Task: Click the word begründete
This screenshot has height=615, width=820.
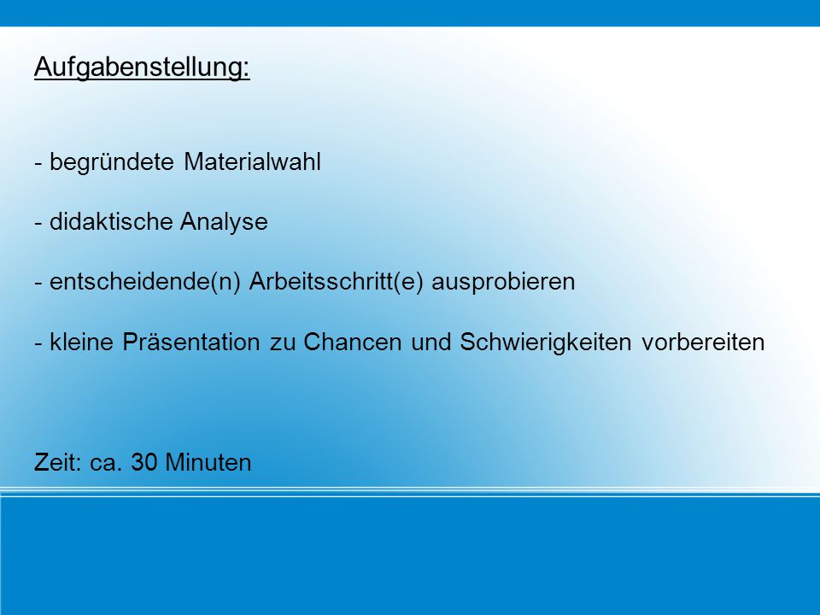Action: coord(111,162)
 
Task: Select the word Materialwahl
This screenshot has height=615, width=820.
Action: coord(252,161)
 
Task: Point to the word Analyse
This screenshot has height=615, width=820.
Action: coord(224,223)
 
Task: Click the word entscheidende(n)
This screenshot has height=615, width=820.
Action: coord(145,283)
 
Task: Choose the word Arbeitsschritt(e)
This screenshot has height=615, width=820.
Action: coord(336,283)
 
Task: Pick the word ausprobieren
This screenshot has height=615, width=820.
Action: coord(503,283)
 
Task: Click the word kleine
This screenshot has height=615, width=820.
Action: coord(81,342)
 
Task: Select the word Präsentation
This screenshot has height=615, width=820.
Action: coord(190,342)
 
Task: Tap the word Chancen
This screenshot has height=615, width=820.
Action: coord(353,342)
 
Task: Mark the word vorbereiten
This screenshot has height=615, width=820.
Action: coord(703,342)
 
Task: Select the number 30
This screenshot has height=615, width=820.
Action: coord(144,462)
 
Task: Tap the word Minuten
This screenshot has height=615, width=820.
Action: coord(208,462)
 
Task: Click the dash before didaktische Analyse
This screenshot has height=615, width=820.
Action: coord(38,224)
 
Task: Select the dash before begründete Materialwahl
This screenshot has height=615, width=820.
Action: coord(38,164)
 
